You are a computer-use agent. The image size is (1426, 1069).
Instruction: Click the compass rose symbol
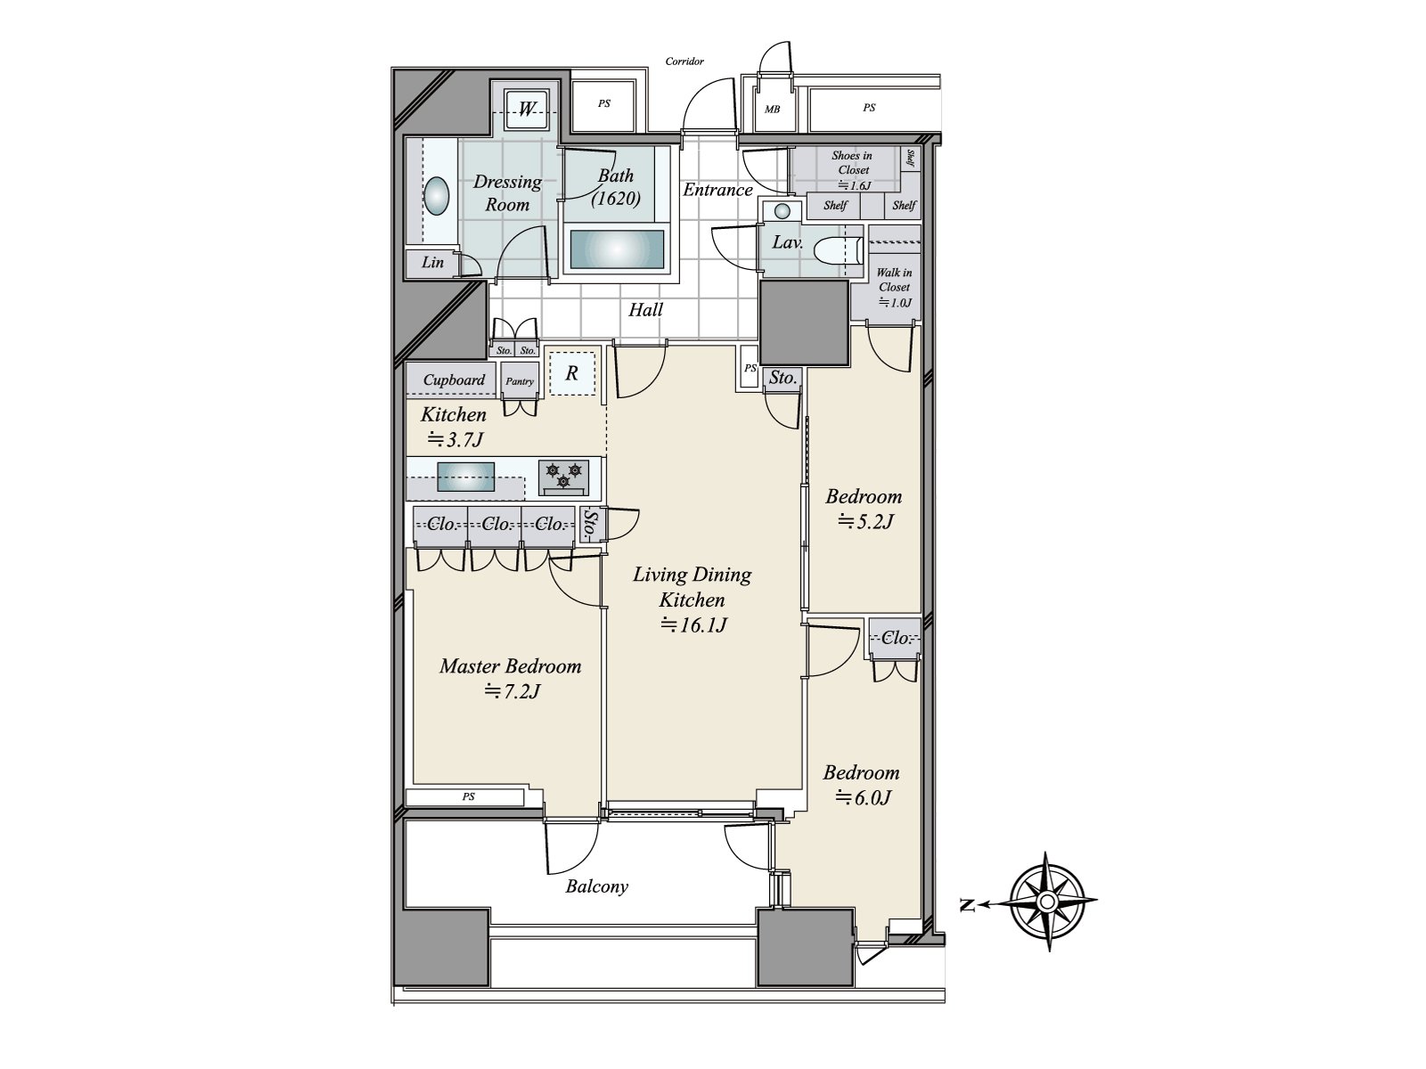[x=1046, y=902]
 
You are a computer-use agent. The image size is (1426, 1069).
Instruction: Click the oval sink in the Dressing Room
[x=436, y=196]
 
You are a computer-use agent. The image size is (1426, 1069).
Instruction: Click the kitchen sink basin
[x=465, y=477]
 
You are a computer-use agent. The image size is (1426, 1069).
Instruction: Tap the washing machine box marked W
[x=527, y=109]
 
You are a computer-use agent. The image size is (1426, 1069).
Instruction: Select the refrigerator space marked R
[x=571, y=373]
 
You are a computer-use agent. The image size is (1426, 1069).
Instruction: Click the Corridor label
[x=684, y=61]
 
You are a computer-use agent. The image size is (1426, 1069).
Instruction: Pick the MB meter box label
[x=772, y=109]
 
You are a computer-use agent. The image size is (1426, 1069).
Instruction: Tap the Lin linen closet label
[x=432, y=262]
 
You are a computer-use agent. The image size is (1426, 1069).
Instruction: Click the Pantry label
[x=520, y=381]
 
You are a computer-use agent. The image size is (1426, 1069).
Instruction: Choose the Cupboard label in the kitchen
[x=454, y=379]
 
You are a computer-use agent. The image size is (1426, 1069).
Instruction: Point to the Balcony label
[x=596, y=886]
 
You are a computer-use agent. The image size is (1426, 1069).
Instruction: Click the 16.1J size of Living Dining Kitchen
[x=693, y=624]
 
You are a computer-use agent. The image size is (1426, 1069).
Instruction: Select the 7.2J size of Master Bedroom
[x=512, y=691]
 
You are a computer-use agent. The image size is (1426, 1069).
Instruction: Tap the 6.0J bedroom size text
[x=863, y=797]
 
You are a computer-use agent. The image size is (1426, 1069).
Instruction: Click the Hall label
[x=645, y=310]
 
